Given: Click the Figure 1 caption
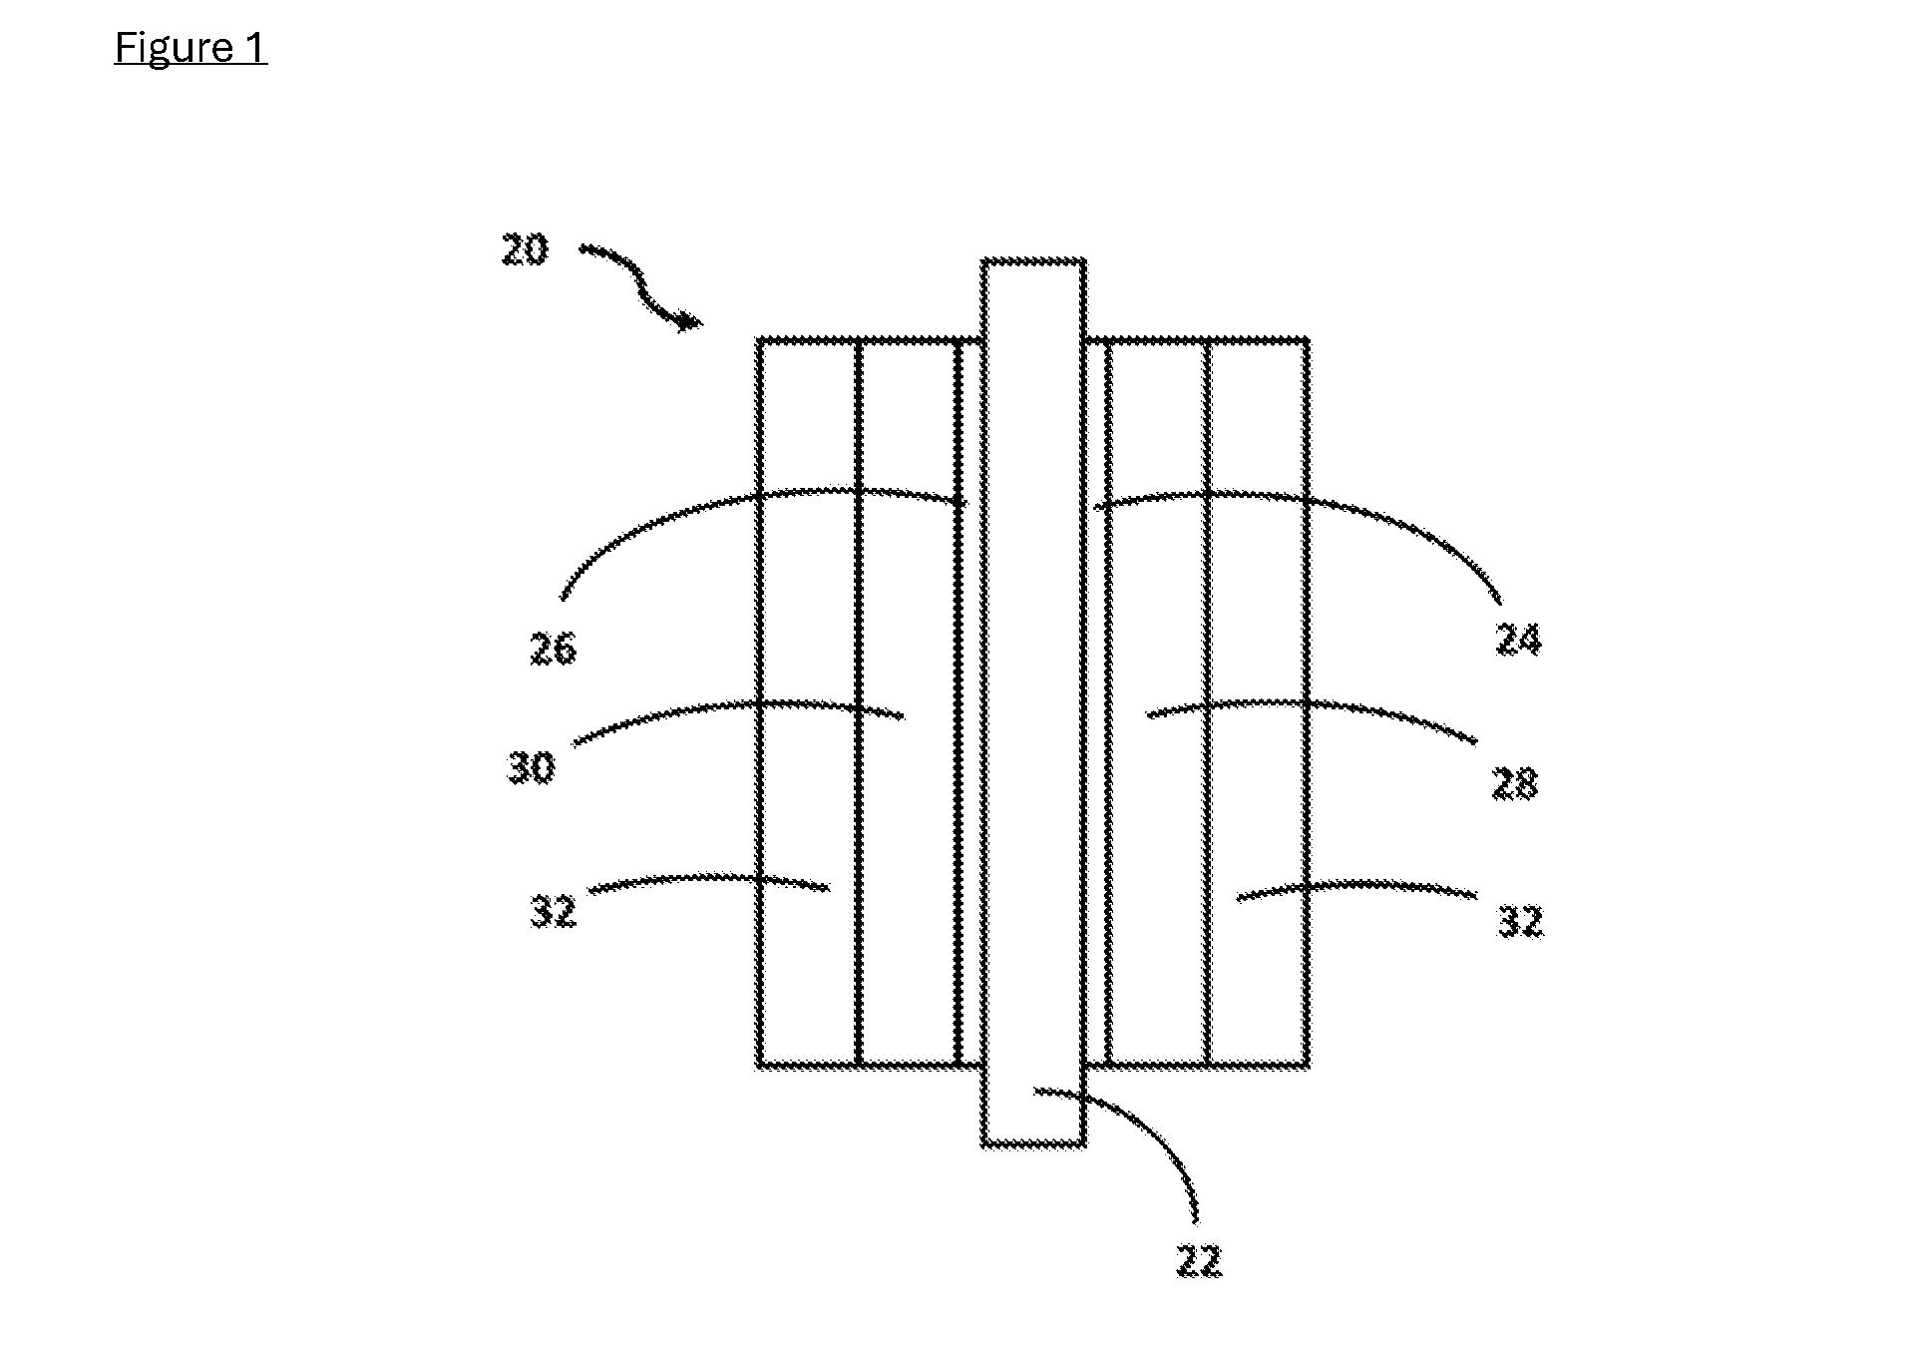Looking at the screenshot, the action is pos(191,47).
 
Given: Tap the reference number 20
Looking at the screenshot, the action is pos(525,249).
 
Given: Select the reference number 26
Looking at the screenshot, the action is pos(553,650).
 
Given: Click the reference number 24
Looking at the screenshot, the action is pos(1518,639).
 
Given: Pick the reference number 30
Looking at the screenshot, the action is pos(531,768).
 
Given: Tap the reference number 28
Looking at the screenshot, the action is pos(1515,784).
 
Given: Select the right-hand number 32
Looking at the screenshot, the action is pos(1520,921).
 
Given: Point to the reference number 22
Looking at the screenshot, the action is pos(1198,1262).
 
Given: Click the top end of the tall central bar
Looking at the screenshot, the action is pos(1034,261).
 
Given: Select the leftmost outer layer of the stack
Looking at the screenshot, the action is pos(808,703).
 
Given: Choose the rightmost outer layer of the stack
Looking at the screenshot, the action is pos(1258,703).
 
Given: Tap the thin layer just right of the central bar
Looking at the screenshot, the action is pos(1096,703).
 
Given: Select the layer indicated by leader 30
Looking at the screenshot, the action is pos(909,703).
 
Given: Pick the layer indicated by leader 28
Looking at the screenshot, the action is pos(1158,703).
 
